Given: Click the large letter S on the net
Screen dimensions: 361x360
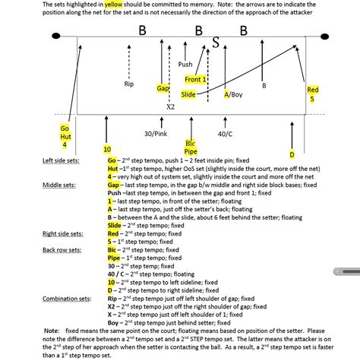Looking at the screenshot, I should click(216, 43).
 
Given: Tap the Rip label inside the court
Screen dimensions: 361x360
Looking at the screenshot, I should click(128, 84).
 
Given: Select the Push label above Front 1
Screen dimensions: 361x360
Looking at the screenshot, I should click(185, 65).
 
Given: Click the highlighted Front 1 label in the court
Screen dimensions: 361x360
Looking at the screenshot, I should click(195, 79).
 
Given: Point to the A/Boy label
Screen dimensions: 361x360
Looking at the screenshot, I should click(233, 95).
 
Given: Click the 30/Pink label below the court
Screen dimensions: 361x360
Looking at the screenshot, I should click(156, 134).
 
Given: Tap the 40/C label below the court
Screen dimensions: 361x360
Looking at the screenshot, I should click(224, 134).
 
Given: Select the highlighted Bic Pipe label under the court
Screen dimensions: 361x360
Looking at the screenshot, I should click(191, 147).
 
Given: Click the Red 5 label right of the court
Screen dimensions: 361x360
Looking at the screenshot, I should click(313, 94).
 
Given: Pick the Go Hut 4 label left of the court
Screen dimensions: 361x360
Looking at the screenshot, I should click(65, 136).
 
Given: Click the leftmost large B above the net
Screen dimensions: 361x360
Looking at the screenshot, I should click(142, 30).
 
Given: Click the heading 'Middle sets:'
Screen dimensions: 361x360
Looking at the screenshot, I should click(59, 184).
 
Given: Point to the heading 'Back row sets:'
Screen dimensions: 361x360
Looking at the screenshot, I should click(63, 250).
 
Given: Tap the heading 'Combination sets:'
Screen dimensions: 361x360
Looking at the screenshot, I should click(68, 299).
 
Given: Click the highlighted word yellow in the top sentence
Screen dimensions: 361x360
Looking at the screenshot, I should click(112, 4).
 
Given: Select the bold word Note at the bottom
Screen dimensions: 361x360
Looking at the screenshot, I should click(52, 331).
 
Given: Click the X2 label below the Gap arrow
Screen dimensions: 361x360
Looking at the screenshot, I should click(170, 108).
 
